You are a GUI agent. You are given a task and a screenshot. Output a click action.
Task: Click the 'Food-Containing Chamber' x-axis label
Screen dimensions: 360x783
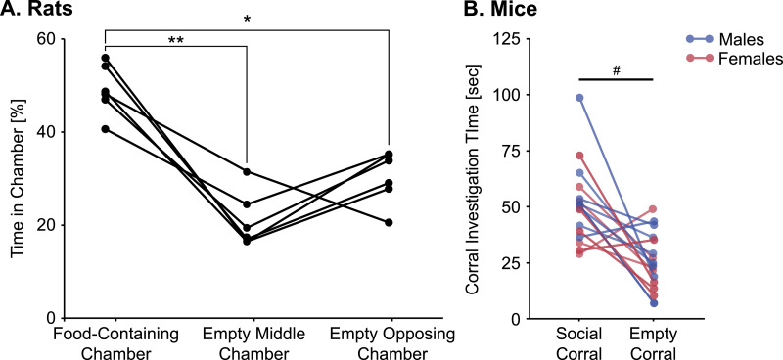[104, 340]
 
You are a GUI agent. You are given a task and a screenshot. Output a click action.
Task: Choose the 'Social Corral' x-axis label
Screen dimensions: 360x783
[579, 340]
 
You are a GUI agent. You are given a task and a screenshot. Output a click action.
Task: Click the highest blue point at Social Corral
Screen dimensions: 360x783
[579, 98]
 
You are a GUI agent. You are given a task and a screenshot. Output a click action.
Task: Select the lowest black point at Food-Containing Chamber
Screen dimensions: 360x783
[105, 129]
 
